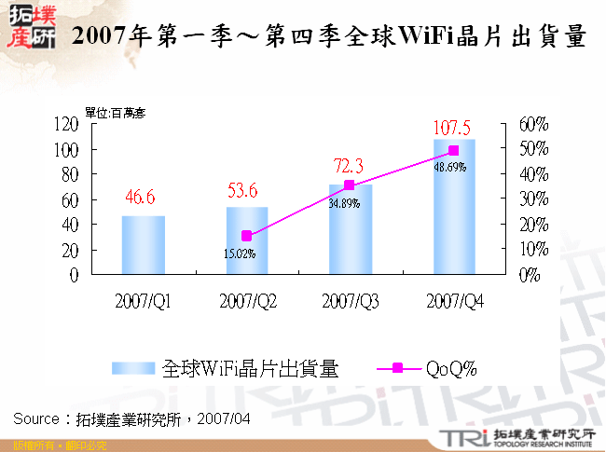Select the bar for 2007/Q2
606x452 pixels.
coord(246,241)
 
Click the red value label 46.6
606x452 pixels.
coord(139,198)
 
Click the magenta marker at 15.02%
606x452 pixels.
coord(246,237)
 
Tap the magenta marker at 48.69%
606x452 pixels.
coord(453,151)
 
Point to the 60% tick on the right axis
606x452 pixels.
coord(533,124)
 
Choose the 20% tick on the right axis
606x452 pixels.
coord(533,225)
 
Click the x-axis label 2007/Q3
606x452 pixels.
coord(351,300)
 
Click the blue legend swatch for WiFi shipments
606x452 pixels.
coord(134,368)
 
